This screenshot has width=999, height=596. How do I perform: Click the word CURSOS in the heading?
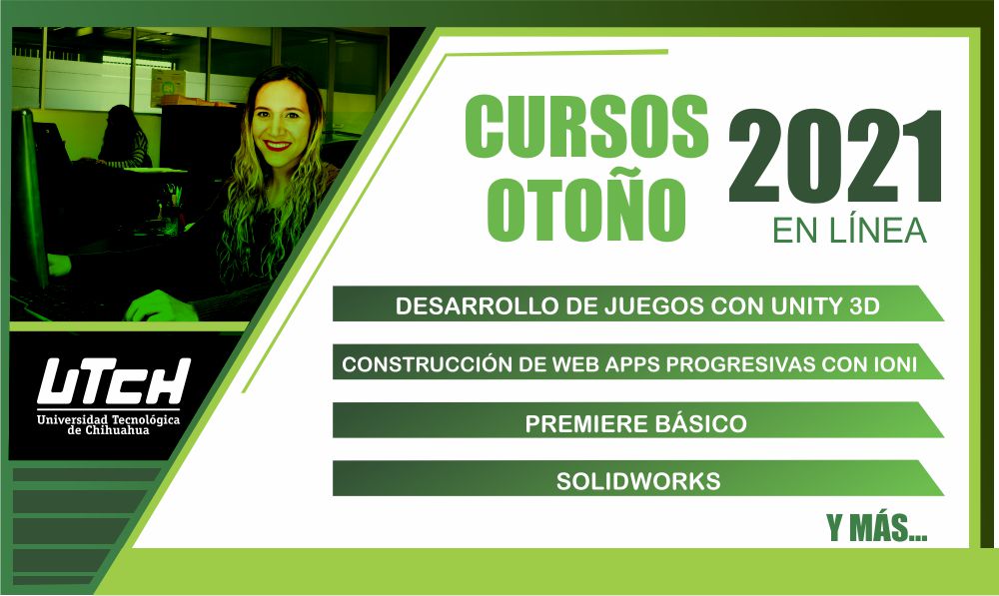point(586,126)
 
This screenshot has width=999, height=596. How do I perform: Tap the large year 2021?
point(835,157)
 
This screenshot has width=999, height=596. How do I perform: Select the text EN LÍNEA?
point(849,231)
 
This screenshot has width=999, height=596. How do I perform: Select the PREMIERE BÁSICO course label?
point(635,423)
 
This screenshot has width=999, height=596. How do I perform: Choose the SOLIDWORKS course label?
point(638,481)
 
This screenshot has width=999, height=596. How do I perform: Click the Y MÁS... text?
point(877,528)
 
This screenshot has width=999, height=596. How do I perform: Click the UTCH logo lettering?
point(114,382)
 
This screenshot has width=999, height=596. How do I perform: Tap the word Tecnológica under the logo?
point(145,419)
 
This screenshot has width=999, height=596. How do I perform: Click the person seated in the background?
point(122,137)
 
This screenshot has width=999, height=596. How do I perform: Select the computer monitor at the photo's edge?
point(29,198)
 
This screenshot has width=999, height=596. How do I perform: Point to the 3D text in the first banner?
point(864,306)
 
